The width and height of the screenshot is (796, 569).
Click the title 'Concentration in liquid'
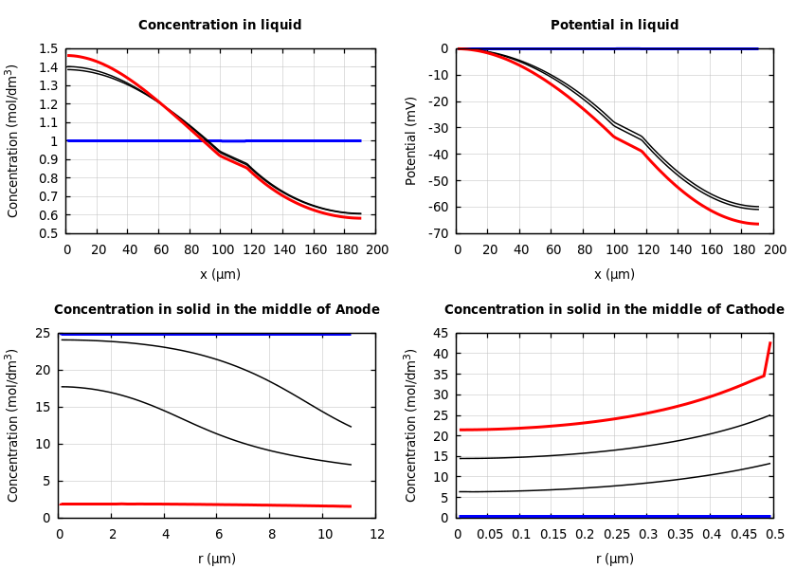coord(220,26)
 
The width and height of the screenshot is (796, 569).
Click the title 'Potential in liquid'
coord(614,26)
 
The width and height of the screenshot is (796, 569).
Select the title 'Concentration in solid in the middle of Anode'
coord(217,310)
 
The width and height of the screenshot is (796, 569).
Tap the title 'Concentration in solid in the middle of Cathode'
coord(614,310)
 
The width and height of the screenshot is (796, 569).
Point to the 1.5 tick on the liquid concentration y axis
coord(48,49)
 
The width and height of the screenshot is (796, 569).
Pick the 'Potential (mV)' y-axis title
coord(411,140)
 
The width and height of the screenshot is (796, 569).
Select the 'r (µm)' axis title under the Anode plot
coord(217,559)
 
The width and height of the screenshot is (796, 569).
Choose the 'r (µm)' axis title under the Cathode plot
coord(614,559)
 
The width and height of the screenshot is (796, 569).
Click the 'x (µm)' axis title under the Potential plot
coord(614,274)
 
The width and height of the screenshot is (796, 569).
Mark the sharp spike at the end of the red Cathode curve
coord(769,344)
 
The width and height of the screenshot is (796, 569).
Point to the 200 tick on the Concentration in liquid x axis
coord(376,249)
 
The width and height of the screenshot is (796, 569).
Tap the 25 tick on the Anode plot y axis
coord(43,333)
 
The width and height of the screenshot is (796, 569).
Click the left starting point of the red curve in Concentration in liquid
coord(67,55)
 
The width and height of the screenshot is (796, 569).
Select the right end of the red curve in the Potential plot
coord(758,224)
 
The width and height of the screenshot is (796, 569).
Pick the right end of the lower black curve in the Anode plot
coord(351,465)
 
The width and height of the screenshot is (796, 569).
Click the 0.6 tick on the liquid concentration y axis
coord(48,214)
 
